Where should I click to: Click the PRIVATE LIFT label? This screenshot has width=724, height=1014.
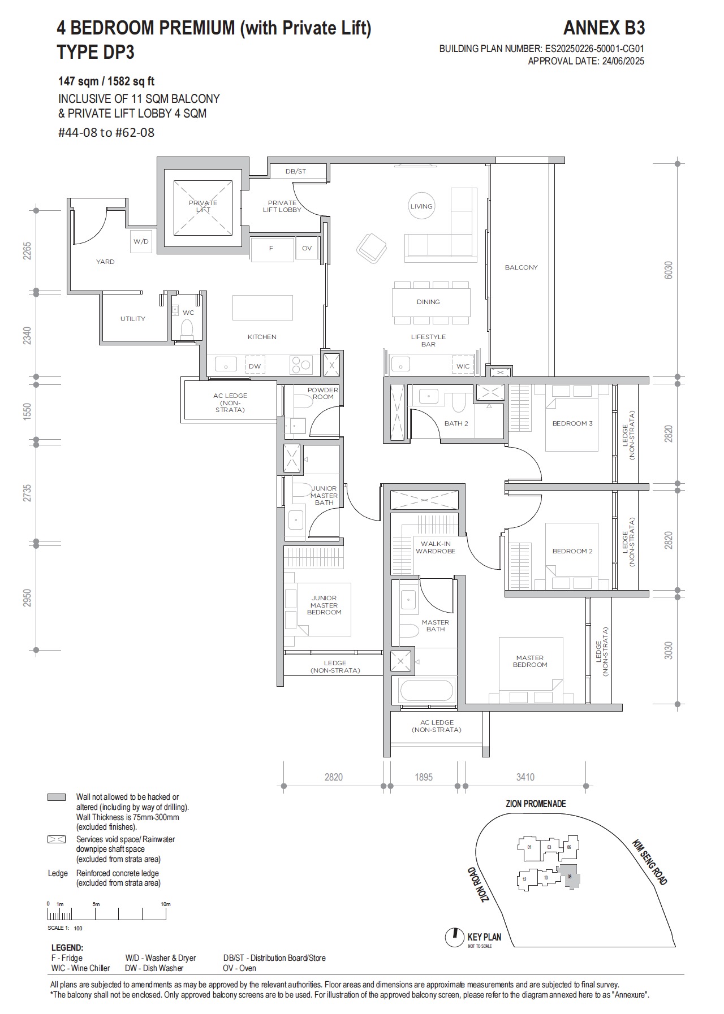[x=202, y=206]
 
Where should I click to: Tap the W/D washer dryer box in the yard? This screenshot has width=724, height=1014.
[x=141, y=241]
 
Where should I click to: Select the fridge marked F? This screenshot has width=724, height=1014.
[x=271, y=248]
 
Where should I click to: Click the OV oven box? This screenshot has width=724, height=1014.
[x=307, y=248]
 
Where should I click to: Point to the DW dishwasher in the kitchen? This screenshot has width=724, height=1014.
[x=255, y=366]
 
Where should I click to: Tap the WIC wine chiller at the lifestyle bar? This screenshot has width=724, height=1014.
[x=463, y=366]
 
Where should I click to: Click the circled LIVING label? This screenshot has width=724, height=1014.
[x=421, y=206]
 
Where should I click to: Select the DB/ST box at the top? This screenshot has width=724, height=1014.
[x=296, y=171]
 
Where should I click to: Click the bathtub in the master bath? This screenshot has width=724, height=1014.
[x=426, y=690]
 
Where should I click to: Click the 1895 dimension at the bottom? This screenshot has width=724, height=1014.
[x=423, y=777]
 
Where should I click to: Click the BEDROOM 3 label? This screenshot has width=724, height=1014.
[x=572, y=423]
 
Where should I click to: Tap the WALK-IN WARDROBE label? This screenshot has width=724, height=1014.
[x=435, y=547]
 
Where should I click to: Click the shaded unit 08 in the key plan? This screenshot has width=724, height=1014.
[x=570, y=877]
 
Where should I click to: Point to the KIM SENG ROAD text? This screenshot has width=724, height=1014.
[x=650, y=862]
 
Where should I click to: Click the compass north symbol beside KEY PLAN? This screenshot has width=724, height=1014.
[x=453, y=938]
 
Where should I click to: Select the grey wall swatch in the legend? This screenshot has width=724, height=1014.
[x=57, y=797]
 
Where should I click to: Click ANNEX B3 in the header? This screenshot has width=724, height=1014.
[x=604, y=28]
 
